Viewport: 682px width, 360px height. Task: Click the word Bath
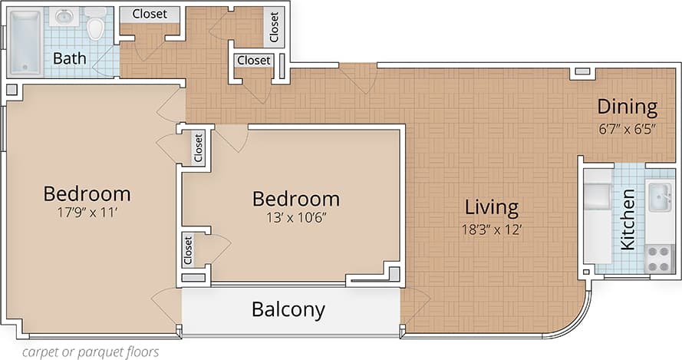[x=68, y=58]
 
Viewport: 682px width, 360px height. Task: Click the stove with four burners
[x=659, y=258]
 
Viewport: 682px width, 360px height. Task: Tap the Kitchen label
[x=628, y=220]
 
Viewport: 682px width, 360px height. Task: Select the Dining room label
[x=628, y=107]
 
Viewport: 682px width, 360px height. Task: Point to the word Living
[x=492, y=207]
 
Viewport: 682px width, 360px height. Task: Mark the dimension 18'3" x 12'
[x=492, y=229]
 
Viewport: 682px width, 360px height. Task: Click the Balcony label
[x=288, y=309]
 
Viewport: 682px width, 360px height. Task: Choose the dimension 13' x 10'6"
[x=296, y=217]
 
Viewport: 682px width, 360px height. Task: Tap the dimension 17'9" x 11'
[x=86, y=213]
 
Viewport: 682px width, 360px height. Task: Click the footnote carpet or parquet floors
[x=91, y=352]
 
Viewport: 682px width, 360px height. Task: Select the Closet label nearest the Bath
[x=150, y=14]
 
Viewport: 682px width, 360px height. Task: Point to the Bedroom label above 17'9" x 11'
[x=87, y=193]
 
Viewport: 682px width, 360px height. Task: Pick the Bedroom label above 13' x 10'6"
[x=296, y=199]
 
